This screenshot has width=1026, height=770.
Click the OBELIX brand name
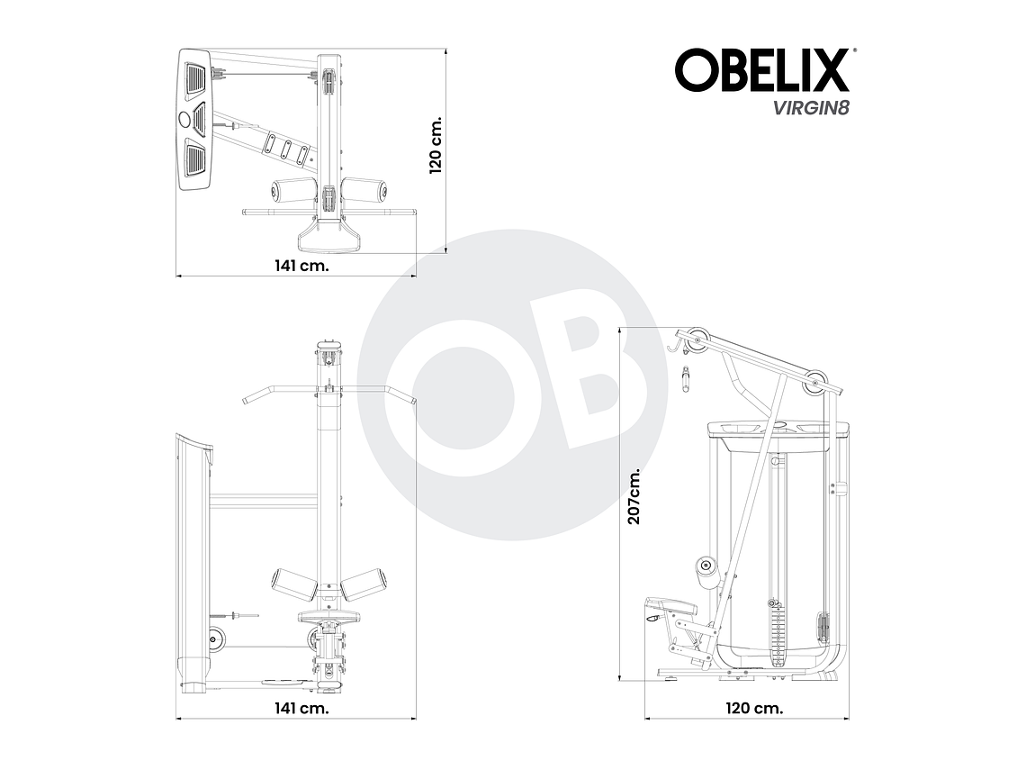(761, 71)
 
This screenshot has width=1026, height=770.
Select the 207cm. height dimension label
(634, 497)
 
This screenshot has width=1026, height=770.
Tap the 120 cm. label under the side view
(754, 708)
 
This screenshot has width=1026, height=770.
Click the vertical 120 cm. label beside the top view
(436, 144)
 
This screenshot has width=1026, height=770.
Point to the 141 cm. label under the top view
(301, 266)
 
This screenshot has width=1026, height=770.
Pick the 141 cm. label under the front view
(301, 708)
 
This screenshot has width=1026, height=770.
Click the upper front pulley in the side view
(695, 340)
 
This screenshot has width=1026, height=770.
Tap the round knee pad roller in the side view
(706, 566)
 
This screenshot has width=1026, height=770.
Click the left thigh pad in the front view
(293, 584)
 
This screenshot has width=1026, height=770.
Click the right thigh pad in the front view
(365, 584)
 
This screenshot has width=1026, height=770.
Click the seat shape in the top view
(328, 237)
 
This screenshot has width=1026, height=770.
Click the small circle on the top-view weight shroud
(185, 119)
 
